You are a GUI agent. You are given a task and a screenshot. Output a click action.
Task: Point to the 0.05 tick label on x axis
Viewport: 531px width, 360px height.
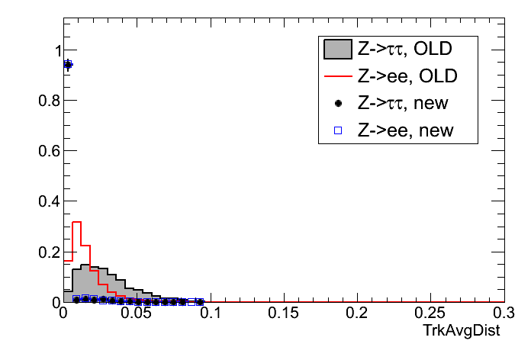click(x=137, y=313)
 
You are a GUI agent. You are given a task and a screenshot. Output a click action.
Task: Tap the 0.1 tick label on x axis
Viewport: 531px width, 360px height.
click(x=210, y=313)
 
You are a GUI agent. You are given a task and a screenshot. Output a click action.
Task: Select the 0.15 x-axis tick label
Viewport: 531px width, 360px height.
click(x=283, y=313)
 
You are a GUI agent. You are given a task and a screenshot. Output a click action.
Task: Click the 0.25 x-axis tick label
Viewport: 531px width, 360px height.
click(x=430, y=313)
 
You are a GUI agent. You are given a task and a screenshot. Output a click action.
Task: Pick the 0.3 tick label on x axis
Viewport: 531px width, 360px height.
click(x=502, y=313)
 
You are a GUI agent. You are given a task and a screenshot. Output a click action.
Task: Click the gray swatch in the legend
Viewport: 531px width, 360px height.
click(x=337, y=50)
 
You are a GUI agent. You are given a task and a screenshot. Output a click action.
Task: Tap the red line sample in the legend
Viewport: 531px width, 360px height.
click(x=337, y=76)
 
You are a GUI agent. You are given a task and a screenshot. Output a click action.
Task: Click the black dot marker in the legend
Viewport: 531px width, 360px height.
click(x=337, y=103)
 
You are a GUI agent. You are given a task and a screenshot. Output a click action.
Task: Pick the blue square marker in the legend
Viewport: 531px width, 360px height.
click(x=337, y=130)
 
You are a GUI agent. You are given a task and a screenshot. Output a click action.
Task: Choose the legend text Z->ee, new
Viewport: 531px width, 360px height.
click(x=405, y=130)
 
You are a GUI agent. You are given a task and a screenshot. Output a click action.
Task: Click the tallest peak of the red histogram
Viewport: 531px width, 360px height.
click(x=76, y=222)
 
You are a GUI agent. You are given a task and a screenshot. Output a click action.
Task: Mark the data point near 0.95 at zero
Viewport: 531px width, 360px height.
click(x=67, y=65)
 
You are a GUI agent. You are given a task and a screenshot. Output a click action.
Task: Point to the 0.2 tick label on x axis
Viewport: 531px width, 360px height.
click(x=356, y=313)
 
